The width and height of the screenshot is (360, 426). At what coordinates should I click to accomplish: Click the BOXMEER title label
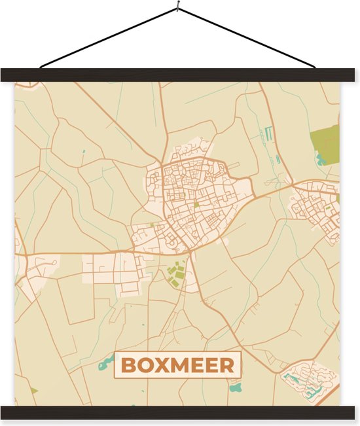177,365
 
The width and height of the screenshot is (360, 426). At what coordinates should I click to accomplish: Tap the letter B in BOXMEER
128,365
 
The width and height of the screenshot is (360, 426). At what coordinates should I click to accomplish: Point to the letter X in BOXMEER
162,365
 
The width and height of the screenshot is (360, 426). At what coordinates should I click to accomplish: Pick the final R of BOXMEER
226,365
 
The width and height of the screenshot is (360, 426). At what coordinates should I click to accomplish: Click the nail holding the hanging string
177,8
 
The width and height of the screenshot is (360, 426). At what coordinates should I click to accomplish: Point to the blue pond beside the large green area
320,159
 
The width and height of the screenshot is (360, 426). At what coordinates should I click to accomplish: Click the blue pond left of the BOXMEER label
105,364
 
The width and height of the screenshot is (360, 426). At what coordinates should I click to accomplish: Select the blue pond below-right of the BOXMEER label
236,387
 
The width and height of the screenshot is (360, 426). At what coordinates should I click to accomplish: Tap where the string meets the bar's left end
41,67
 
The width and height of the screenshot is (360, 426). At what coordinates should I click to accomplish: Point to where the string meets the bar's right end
315,67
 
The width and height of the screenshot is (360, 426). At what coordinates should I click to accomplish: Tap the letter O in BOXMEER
145,365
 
